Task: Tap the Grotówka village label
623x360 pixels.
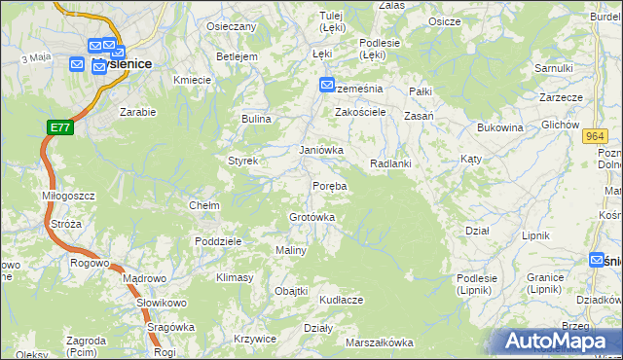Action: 312,217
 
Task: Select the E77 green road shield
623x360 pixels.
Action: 59,127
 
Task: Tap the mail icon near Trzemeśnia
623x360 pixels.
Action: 327,86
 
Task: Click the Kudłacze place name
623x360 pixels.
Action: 341,300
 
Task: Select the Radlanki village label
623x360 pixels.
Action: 391,163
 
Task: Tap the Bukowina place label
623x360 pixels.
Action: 500,127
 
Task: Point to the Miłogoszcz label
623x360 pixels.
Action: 68,196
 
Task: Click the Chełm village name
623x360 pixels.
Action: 203,206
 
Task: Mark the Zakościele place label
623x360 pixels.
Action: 361,112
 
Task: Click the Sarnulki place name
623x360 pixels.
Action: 553,68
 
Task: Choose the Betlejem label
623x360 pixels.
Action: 237,56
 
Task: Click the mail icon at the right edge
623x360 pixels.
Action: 598,260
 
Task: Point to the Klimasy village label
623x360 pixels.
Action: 235,278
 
